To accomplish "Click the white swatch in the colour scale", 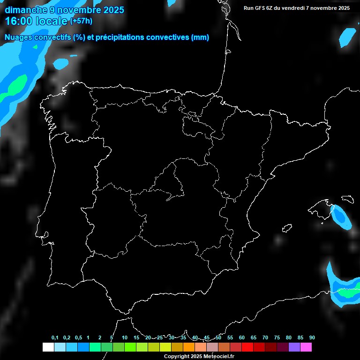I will (48, 347).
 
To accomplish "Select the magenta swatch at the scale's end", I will (306, 347).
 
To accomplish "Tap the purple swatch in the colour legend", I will (294, 347).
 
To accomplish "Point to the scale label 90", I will (312, 338).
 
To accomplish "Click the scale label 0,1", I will (55, 338).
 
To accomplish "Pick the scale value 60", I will (241, 338).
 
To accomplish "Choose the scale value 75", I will (277, 338).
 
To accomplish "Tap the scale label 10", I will (124, 338).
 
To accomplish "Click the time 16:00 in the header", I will (19, 21).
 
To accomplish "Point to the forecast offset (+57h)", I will (81, 21).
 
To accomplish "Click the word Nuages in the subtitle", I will (19, 37).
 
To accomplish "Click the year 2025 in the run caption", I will (344, 8).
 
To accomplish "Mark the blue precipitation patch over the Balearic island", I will (340, 217).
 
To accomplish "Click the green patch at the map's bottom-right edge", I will (349, 294).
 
